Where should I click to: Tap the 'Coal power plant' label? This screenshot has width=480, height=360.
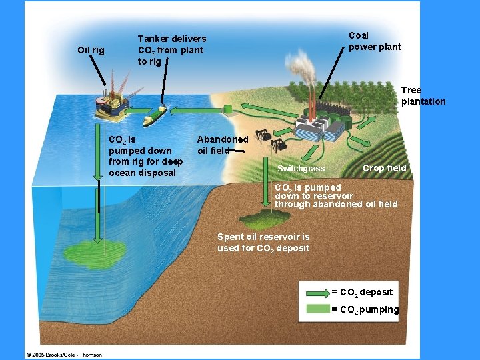375,41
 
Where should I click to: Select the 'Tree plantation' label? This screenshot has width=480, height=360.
423,95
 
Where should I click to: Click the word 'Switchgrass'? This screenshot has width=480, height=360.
301,169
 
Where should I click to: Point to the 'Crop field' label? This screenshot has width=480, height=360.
384,169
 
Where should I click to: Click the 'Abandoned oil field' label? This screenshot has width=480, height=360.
222,145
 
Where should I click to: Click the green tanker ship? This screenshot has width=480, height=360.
155,115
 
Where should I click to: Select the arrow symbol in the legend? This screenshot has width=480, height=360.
317,293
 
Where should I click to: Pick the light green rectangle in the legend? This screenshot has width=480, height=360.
317,309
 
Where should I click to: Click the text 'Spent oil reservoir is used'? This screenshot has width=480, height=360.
263,242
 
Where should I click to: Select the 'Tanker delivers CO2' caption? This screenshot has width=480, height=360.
171,50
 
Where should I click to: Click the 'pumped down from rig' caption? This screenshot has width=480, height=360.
145,156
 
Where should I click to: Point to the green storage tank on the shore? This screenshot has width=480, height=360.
227,108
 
